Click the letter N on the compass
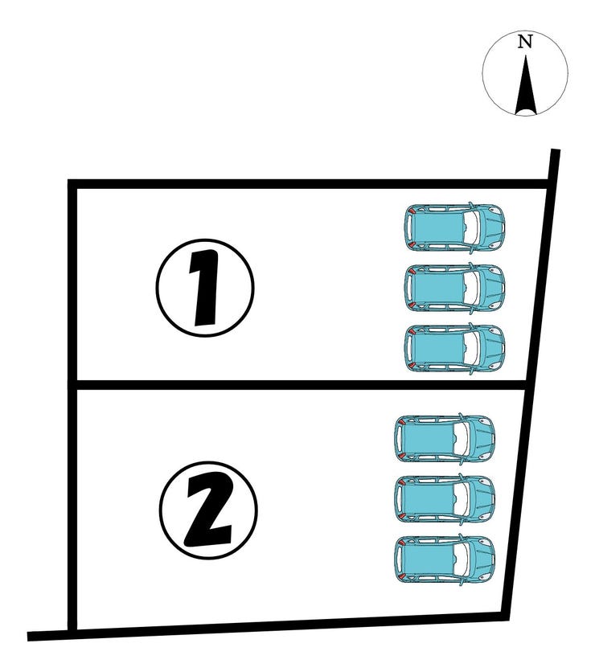(525, 42)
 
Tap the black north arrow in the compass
(526, 91)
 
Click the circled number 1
(205, 288)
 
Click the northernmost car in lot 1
(454, 227)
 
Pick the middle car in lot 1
(454, 288)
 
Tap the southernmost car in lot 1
(454, 348)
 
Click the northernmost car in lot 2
(445, 438)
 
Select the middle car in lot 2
(445, 499)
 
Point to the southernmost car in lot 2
(445, 559)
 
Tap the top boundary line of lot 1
(308, 184)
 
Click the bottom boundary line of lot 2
(269, 625)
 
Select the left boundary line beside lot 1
(72, 283)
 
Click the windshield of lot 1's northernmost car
(470, 227)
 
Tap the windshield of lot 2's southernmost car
(461, 559)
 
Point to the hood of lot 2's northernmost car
(481, 438)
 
